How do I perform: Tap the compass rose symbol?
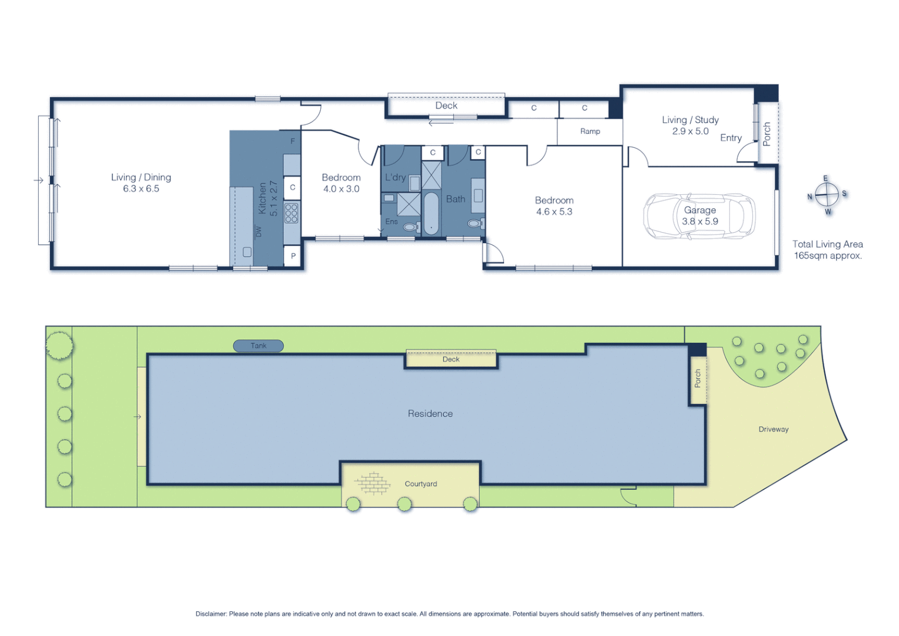click(827, 194)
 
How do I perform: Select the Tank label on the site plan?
click(258, 346)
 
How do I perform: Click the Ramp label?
click(590, 131)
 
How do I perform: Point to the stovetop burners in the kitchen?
click(291, 213)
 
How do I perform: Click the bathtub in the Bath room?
click(431, 213)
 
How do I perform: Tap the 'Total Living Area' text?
click(827, 244)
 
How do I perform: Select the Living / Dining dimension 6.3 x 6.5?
click(141, 189)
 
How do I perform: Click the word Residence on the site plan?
click(430, 413)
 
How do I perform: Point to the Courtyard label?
click(420, 484)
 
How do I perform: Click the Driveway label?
click(773, 429)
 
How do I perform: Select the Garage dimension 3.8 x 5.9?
click(700, 221)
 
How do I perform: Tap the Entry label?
click(731, 138)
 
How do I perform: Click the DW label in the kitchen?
click(258, 231)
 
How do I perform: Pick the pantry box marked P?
click(293, 256)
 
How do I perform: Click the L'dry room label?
click(395, 177)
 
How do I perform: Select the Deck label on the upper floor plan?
click(446, 105)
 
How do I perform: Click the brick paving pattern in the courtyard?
click(372, 483)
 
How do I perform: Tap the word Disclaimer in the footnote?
click(211, 614)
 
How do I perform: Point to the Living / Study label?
click(690, 120)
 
